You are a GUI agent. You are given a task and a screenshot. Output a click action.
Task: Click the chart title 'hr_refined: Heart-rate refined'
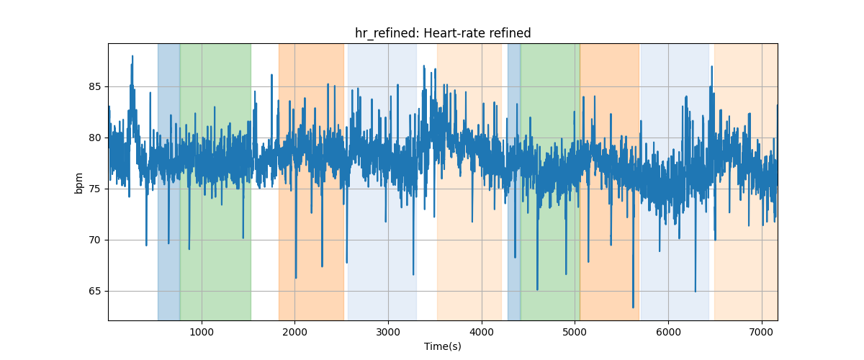tap(443, 34)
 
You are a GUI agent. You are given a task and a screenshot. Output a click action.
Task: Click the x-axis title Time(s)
tap(443, 346)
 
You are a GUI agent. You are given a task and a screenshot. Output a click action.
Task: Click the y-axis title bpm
tap(78, 184)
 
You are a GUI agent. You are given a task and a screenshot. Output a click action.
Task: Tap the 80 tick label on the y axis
tap(95, 138)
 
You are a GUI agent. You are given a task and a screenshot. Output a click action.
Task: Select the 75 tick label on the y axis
tap(95, 189)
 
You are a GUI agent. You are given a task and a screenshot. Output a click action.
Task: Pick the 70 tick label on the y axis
tap(95, 240)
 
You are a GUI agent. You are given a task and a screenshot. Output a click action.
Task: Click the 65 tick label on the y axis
tap(95, 291)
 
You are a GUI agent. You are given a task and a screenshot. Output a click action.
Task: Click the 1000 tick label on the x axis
tap(202, 332)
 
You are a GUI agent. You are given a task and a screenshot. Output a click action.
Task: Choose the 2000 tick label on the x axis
tap(294, 332)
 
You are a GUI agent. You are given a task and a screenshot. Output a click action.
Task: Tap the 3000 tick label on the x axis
tap(388, 332)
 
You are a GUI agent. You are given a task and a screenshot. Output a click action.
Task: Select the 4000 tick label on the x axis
tap(482, 332)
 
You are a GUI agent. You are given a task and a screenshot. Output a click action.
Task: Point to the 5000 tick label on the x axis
tap(575, 332)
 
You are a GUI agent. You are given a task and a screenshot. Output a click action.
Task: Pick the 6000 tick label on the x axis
tap(668, 332)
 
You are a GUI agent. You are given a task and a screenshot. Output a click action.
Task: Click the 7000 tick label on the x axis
tap(762, 332)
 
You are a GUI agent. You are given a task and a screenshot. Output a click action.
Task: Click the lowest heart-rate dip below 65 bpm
tap(633, 307)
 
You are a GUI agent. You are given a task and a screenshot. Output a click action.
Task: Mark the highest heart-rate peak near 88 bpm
tap(132, 56)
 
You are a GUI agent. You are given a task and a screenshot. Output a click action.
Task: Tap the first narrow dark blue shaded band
tap(168, 181)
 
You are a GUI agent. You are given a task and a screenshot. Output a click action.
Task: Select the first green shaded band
tap(215, 181)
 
